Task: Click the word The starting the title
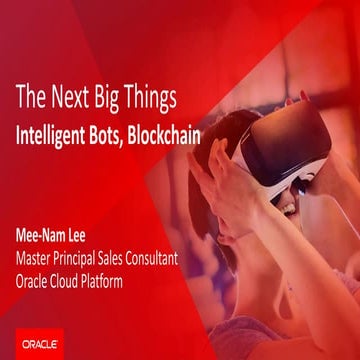pyautogui.click(x=29, y=98)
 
